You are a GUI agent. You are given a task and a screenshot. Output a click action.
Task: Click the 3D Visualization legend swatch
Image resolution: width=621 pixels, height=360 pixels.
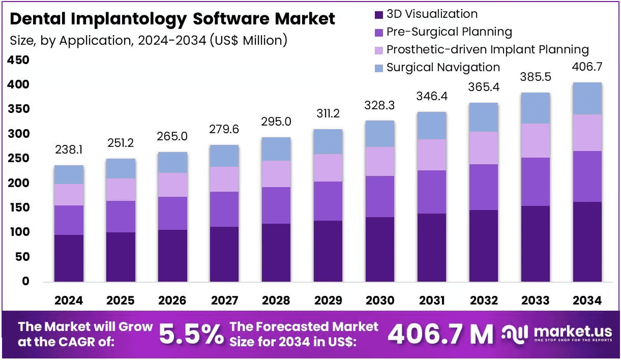click(379, 15)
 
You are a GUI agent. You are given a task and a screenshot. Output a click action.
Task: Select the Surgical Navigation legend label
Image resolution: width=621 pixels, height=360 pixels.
click(443, 67)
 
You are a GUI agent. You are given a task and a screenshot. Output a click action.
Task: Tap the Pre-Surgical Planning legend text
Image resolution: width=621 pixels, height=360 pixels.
click(449, 32)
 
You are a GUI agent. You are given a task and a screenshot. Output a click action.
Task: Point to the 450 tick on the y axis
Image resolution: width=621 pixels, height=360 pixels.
click(18, 60)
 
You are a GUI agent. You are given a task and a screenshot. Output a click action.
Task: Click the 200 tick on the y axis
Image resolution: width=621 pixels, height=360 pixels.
click(18, 183)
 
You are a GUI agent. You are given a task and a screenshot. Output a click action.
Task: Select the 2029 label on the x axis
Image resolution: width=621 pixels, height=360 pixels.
click(328, 301)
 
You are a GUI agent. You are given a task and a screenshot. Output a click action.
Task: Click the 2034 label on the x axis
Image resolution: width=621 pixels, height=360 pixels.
click(587, 301)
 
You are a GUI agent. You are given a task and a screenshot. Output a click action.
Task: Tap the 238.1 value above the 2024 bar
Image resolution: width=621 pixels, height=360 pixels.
click(69, 149)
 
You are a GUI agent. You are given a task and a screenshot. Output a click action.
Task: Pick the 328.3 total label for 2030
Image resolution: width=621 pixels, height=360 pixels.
click(379, 105)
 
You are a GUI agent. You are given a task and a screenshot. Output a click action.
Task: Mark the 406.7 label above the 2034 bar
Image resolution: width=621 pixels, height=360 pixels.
click(587, 67)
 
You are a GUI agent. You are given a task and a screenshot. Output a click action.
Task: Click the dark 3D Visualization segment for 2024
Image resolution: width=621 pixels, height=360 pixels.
click(69, 258)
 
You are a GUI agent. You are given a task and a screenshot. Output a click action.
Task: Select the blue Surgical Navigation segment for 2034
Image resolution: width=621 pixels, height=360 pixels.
click(587, 98)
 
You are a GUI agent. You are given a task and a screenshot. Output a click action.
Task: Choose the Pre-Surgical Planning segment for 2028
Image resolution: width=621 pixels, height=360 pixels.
click(276, 205)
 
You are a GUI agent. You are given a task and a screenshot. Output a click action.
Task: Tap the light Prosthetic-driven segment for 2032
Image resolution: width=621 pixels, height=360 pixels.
click(484, 148)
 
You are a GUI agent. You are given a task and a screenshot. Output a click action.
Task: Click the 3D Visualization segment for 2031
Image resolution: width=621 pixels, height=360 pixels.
click(432, 248)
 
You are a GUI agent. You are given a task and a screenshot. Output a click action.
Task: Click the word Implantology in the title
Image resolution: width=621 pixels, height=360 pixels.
click(129, 19)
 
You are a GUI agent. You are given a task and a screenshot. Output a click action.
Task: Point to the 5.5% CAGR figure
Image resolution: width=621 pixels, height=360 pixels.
click(191, 334)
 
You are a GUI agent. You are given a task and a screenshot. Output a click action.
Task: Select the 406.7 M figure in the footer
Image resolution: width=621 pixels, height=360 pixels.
click(440, 334)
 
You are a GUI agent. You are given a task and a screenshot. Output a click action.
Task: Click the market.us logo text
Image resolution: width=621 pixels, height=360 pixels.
click(573, 332)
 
